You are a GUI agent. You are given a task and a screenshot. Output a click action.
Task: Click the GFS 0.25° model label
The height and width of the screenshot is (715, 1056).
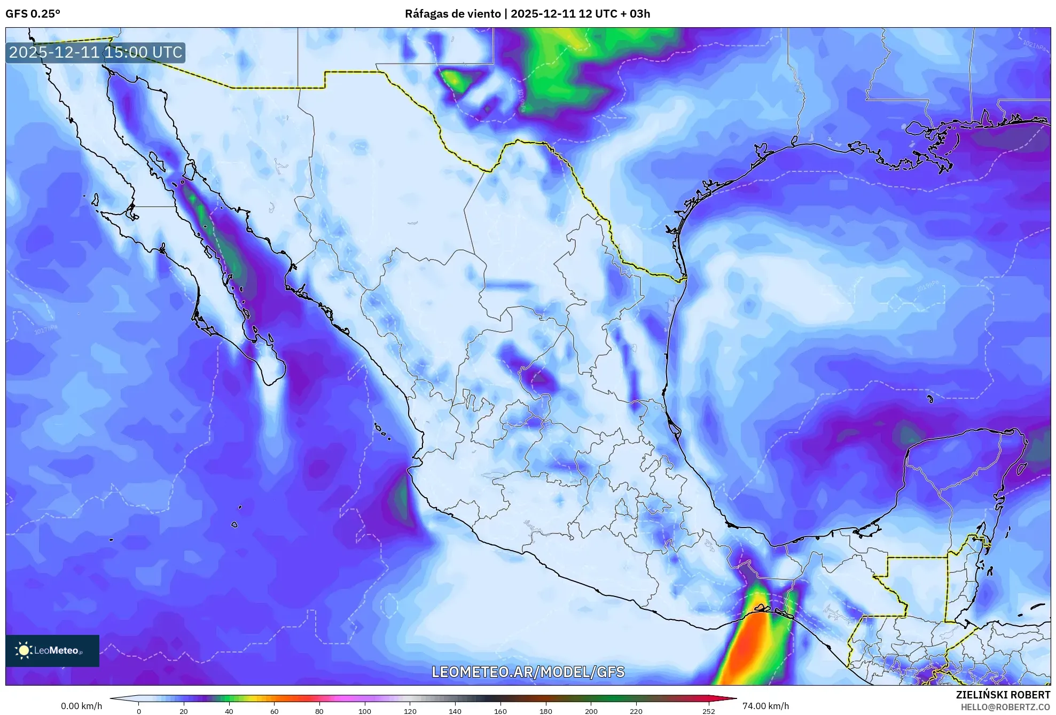(33, 14)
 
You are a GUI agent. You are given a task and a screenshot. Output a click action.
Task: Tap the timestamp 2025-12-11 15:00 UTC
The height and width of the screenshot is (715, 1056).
(96, 52)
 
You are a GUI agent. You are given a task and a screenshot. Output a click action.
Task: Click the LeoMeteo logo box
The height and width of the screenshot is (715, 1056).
(52, 650)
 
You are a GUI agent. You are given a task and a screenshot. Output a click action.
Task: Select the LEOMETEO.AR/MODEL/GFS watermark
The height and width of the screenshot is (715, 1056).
(528, 672)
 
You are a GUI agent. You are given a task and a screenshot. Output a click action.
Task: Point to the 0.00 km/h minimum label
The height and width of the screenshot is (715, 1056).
(81, 706)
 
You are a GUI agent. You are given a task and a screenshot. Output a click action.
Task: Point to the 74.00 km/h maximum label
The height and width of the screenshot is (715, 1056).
(765, 706)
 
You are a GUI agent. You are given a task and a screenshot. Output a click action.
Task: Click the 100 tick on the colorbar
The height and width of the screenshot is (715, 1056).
(364, 711)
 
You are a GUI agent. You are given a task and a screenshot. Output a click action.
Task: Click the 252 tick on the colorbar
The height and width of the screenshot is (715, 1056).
(708, 711)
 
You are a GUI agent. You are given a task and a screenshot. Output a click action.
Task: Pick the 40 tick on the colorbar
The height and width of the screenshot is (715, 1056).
(229, 711)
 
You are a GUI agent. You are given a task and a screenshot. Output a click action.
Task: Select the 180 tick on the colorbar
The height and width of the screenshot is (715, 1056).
(545, 711)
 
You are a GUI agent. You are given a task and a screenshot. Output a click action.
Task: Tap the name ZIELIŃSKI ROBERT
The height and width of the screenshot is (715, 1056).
(1003, 695)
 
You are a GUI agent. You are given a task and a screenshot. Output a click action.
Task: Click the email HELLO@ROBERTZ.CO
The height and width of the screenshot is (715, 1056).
(1005, 707)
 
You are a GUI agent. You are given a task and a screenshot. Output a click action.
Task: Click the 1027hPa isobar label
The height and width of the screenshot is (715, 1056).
(45, 330)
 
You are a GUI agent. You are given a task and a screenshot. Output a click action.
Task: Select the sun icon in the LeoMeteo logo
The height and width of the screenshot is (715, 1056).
(24, 650)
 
